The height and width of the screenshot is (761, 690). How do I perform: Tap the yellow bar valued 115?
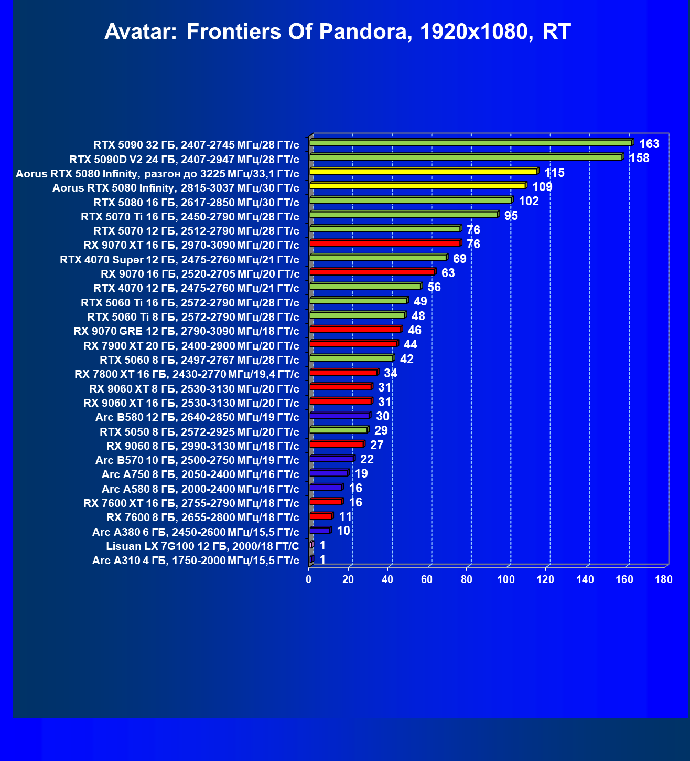[x=424, y=171]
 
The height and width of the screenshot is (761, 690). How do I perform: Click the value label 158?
[x=639, y=158]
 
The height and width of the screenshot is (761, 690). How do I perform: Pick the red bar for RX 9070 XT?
[x=385, y=243]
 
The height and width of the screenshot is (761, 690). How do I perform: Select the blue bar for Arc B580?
[x=340, y=416]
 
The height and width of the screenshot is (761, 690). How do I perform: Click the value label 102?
[x=529, y=201]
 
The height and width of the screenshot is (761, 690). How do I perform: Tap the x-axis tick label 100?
[x=506, y=579]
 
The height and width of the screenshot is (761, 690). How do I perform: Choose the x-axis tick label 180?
[x=664, y=579]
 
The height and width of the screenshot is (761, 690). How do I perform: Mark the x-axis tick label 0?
[x=309, y=579]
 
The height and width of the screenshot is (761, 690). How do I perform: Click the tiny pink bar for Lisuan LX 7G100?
[x=311, y=545]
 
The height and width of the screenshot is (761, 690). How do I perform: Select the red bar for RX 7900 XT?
[x=354, y=344]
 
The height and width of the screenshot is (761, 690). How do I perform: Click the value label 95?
[x=511, y=216]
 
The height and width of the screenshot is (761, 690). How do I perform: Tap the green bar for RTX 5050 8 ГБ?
[x=339, y=430]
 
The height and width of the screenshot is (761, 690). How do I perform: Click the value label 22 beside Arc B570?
[x=366, y=459]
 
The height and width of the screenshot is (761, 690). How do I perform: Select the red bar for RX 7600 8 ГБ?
[x=321, y=516]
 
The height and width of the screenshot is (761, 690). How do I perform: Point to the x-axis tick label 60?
[x=427, y=579]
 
